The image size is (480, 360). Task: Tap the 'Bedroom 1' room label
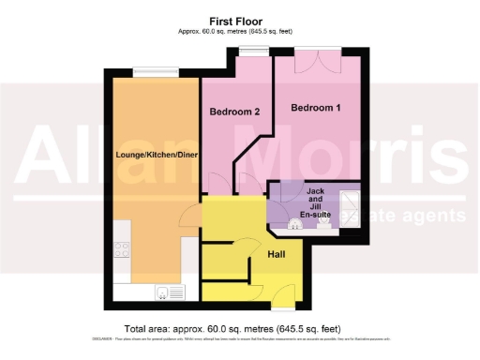pyautogui.click(x=315, y=109)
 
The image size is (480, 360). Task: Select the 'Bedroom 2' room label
pyautogui.click(x=233, y=112)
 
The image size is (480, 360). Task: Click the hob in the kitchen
pyautogui.click(x=121, y=249)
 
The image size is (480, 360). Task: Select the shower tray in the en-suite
pyautogui.click(x=349, y=202)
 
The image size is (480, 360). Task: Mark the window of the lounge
pyautogui.click(x=155, y=71)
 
